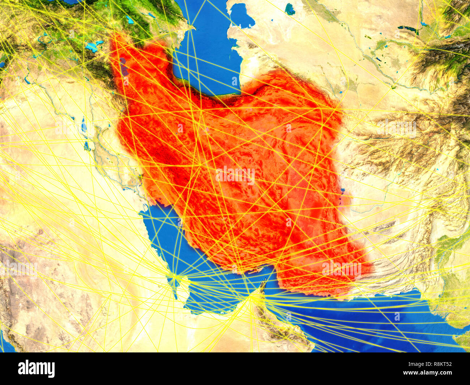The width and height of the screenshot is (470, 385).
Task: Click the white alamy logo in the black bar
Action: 37,368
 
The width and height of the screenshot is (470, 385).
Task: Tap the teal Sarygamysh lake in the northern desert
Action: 290,9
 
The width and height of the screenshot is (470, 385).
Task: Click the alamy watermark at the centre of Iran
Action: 235,175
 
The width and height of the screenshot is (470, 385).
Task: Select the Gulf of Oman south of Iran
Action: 325,311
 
